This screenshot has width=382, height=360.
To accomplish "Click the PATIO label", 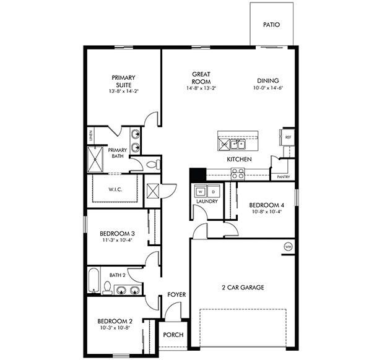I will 271,25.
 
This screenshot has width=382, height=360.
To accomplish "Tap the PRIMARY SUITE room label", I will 123,81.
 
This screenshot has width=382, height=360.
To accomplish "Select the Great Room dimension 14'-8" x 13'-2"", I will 201,88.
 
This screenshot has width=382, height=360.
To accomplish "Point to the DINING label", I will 268,80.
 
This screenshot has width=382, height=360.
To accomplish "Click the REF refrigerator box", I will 288,137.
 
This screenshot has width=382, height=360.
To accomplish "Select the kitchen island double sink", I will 238,145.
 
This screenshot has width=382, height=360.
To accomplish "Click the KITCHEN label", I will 239,160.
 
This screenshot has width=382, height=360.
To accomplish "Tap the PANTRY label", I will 284,177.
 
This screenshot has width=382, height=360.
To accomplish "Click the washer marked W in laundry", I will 201,192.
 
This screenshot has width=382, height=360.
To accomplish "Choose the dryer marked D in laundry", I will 212,192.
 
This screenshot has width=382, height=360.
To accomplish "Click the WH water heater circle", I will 288,247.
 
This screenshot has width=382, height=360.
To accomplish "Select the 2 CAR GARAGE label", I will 243,288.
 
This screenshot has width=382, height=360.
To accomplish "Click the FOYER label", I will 176,295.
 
